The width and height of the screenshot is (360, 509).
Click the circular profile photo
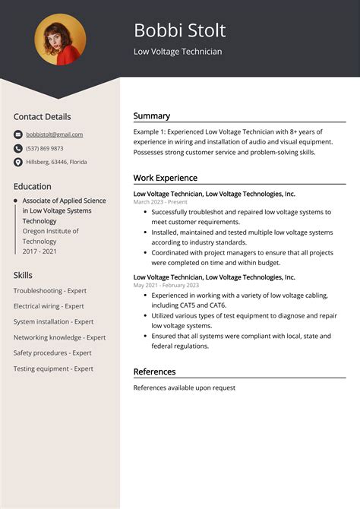60,40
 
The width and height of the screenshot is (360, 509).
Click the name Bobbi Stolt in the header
179,31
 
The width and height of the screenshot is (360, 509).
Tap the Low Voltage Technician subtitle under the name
178,52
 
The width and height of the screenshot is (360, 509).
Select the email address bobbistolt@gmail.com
54,134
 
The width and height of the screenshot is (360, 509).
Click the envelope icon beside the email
17,134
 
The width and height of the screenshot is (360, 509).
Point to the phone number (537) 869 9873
45,148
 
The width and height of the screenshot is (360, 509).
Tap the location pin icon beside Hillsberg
17,162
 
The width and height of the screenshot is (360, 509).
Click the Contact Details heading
42,117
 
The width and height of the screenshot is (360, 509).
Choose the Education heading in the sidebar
32,186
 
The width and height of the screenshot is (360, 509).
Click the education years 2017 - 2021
40,251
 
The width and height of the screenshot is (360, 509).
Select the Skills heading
23,275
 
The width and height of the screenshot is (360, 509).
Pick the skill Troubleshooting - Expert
50,291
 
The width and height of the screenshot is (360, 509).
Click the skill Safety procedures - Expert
52,353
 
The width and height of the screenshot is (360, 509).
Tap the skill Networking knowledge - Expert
59,337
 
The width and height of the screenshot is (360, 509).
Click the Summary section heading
151,116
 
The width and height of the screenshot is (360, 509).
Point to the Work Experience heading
165,178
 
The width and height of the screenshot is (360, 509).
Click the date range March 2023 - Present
159,202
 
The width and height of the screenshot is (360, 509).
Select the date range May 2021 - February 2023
166,286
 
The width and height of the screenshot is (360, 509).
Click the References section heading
154,371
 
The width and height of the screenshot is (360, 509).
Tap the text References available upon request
184,387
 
